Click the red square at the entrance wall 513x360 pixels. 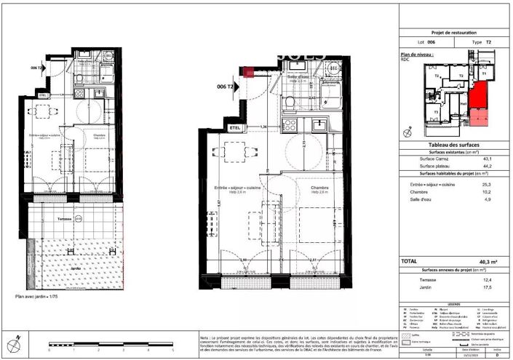[x=249, y=71]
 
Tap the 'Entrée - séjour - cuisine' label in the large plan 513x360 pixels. [x=235, y=188]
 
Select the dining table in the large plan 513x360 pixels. [x=234, y=153]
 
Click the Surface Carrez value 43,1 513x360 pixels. [x=488, y=159]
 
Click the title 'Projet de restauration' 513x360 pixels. [x=453, y=33]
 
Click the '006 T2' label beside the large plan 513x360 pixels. [x=226, y=87]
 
